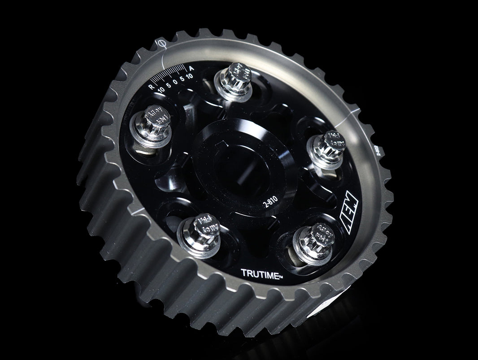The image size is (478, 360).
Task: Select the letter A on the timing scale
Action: (x=191, y=69)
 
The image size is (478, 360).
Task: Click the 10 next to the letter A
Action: (x=190, y=76)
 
